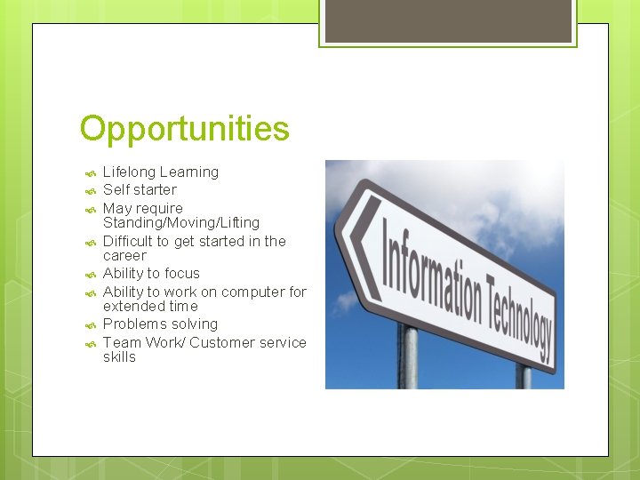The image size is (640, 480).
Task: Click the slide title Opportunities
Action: [x=184, y=129]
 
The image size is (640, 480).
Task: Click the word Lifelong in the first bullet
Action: [x=129, y=172]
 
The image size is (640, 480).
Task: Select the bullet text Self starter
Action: [x=140, y=189]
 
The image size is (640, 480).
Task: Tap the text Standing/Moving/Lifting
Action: [x=181, y=222]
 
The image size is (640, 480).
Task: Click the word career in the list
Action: [x=124, y=255]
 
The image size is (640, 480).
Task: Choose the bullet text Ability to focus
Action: [x=151, y=273]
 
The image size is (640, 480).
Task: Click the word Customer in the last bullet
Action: [x=221, y=342]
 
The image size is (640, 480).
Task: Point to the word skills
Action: [x=119, y=356]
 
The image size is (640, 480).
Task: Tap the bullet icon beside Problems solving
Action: [x=89, y=325]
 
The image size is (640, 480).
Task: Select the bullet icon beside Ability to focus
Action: [x=89, y=275]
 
